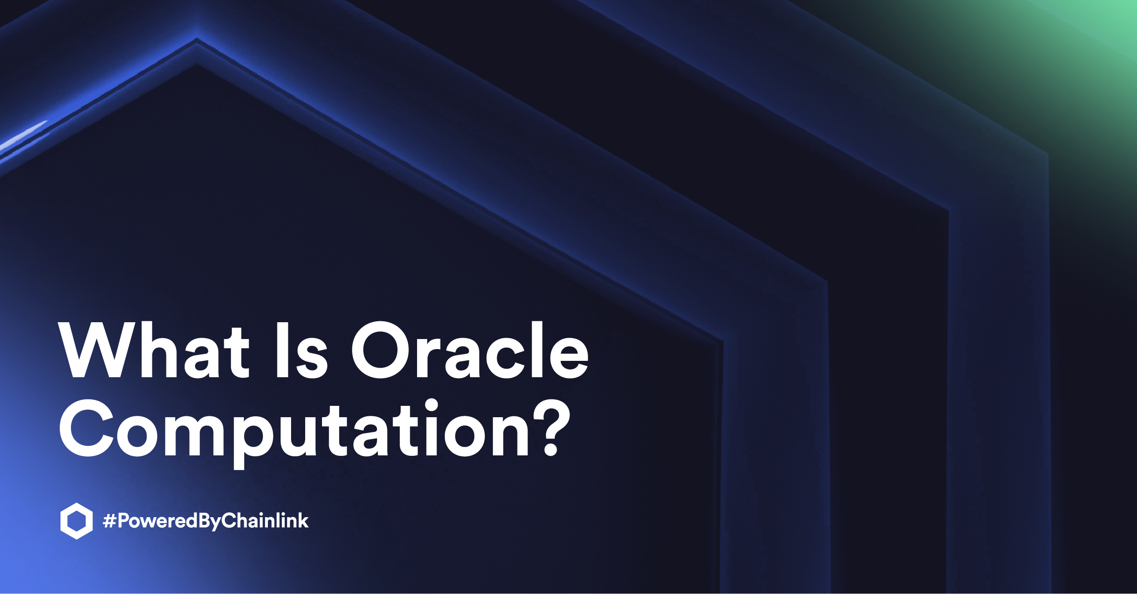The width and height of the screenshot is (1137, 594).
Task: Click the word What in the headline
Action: point(154,350)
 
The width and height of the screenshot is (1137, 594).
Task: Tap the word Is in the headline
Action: point(302,350)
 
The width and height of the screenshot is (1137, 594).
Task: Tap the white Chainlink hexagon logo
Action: point(76,521)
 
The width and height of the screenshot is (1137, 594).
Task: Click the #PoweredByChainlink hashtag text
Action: point(206,521)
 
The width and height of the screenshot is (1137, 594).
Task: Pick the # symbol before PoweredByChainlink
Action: point(109,521)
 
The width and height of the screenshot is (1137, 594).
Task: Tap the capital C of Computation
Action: point(86,428)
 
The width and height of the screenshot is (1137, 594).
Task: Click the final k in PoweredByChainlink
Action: point(303,520)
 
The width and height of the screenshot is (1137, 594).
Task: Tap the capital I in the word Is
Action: point(282,350)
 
